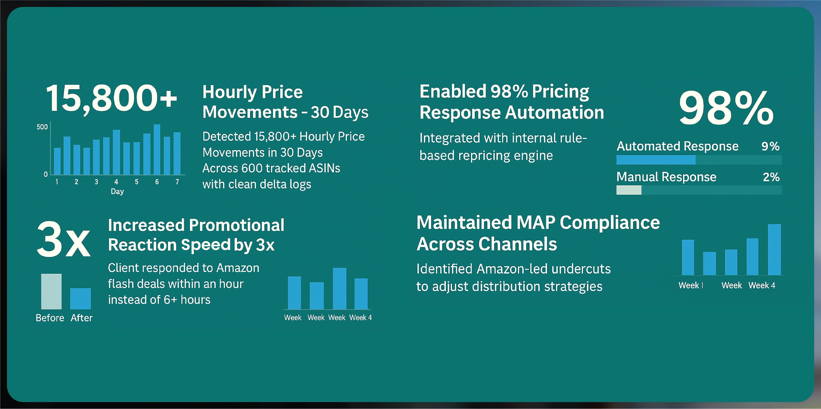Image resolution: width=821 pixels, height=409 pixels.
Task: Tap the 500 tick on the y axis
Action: pos(42,127)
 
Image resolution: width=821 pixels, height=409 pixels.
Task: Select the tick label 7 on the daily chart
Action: pos(177,182)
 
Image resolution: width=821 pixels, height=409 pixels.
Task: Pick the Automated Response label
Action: pos(678,146)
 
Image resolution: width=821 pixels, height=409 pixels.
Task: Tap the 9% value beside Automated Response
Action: pos(770,146)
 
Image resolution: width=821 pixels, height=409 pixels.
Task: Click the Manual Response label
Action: pos(666,177)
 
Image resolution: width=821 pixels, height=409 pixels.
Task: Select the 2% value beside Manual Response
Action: pos(771,177)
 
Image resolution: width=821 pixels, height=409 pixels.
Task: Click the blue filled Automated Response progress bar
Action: pos(656,160)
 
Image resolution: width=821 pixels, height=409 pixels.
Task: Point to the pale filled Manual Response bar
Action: pos(629,190)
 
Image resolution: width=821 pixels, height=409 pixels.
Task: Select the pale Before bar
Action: pos(51,292)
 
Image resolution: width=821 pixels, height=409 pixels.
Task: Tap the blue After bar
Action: pos(80,299)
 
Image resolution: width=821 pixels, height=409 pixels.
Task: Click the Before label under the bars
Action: pos(50,318)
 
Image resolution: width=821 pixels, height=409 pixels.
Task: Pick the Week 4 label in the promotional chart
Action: pos(361,317)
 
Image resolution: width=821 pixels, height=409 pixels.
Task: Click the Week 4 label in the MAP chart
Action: pos(762,285)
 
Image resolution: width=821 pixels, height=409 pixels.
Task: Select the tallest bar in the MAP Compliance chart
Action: pos(774,250)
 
